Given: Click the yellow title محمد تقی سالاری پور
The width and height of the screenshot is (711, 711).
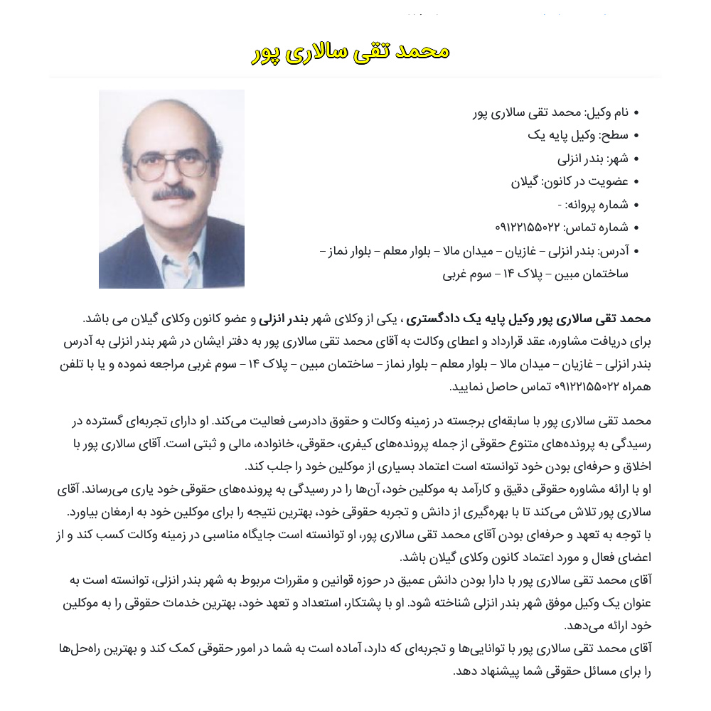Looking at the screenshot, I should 351,52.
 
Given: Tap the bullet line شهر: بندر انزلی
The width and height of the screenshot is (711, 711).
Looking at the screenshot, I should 593,158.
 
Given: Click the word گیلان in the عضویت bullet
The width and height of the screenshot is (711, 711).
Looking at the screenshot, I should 526,181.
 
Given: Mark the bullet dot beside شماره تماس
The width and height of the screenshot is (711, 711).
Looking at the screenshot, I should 636,228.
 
